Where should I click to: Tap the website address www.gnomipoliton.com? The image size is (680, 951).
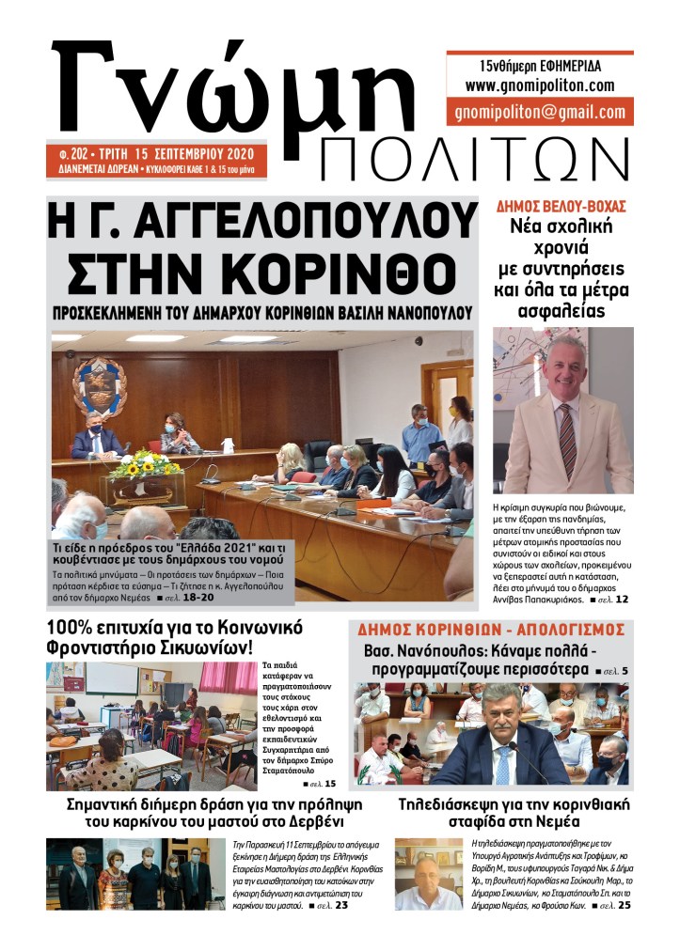tap(539, 86)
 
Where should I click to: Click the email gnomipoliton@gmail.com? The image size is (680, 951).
tap(539, 112)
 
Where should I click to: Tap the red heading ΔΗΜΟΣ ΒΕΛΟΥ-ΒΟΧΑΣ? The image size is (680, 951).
tap(561, 206)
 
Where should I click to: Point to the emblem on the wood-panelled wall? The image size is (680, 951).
tap(100, 385)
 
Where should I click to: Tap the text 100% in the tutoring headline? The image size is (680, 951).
tap(72, 627)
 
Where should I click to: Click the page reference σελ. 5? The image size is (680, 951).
tap(611, 671)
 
